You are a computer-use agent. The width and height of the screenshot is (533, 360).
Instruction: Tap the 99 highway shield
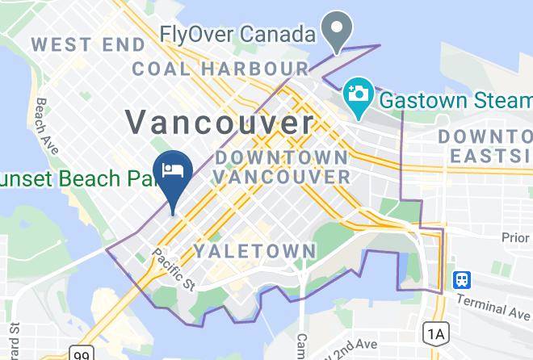[x=81, y=354]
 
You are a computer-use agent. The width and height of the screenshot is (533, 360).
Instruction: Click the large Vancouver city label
[x=219, y=123]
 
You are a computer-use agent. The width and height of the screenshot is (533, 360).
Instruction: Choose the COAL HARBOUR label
[x=220, y=69]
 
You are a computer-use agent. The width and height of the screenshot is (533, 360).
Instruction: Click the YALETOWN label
[x=254, y=251]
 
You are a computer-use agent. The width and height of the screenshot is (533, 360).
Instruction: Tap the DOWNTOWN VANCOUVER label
[x=281, y=165]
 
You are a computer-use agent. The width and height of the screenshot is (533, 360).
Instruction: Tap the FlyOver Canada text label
[x=237, y=36]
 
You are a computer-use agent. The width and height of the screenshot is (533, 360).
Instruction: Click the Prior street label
[x=514, y=237]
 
